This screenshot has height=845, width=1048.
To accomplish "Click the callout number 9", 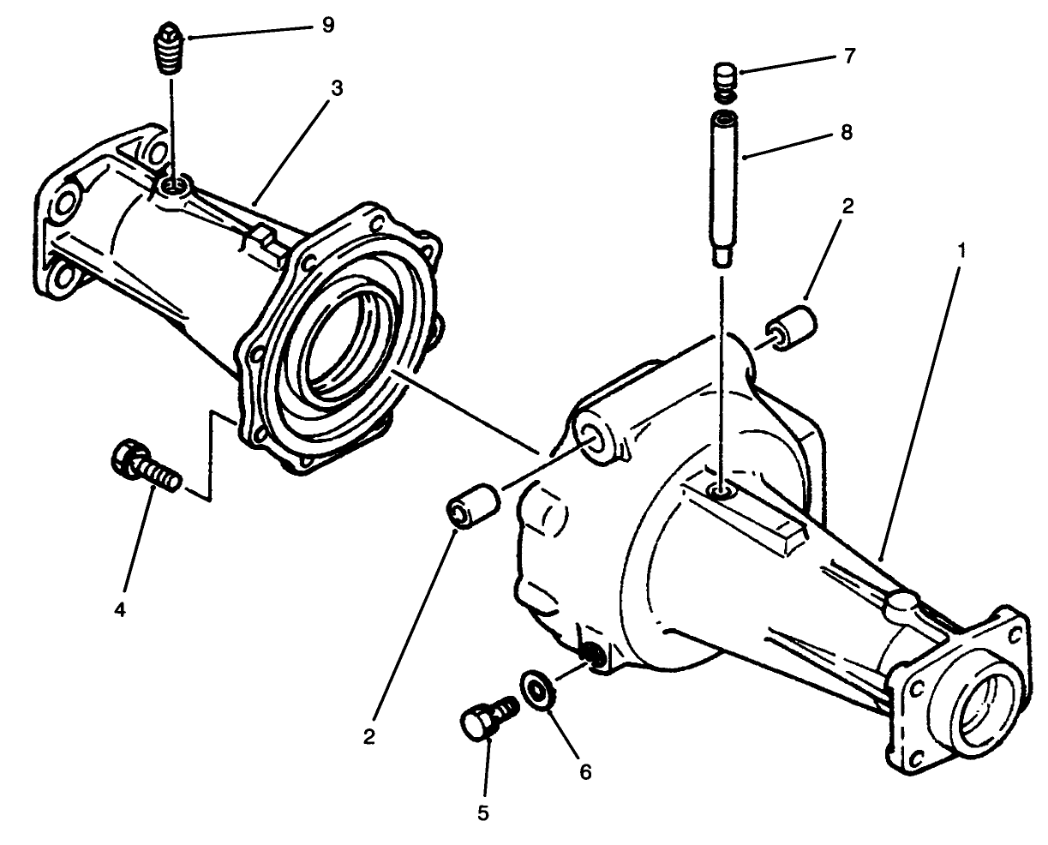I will coord(327,25).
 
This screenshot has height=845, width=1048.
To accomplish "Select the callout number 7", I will coord(848,57).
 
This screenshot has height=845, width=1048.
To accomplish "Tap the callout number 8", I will coord(847,134).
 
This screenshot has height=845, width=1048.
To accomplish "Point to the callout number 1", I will coord(962,250).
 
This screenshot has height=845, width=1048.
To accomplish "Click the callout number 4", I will coord(120,609).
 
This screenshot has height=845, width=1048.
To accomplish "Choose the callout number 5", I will coord(483,812).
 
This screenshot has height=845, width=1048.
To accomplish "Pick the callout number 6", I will coord(585,771).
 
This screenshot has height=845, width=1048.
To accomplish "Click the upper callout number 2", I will coord(847,207).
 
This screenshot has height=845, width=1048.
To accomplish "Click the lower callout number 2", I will coord(368,736).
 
